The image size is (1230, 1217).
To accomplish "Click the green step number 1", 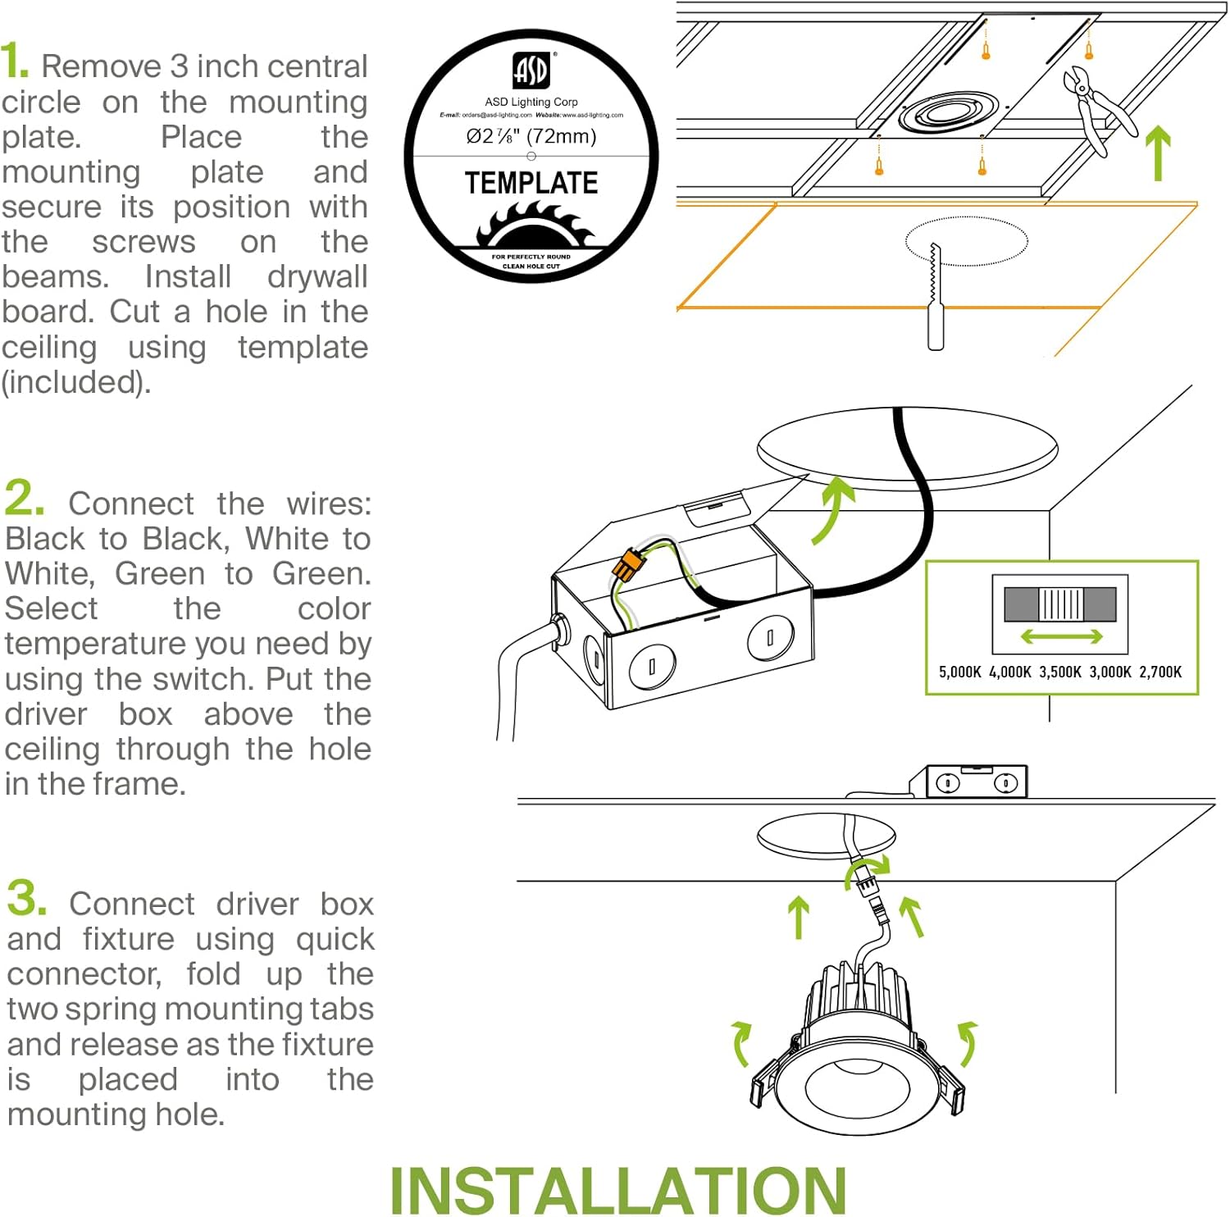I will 14,62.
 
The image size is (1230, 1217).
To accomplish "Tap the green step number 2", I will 22,498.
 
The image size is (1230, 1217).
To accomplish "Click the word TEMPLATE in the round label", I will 531,183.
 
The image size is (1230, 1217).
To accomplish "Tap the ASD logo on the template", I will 531,71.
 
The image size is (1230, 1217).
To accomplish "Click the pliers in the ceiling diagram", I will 1095,107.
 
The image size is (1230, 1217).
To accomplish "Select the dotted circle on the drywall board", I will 967,241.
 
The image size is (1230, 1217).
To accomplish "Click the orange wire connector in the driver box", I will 627,565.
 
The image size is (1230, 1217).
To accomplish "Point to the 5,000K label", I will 959,672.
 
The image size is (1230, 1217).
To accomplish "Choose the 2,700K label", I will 1160,672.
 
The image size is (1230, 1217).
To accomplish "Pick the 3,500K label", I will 1060,672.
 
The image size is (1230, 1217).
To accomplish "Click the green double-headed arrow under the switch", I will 1061,636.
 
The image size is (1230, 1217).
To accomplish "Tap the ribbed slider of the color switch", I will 1061,604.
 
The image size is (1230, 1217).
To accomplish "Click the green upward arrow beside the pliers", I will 1157,153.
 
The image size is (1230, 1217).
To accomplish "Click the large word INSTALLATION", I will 618,1189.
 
